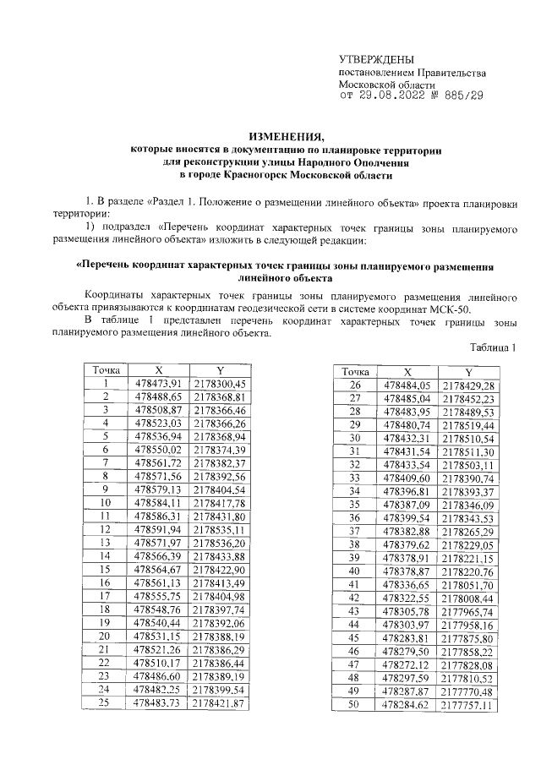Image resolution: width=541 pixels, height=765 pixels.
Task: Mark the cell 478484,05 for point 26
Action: (x=407, y=385)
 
